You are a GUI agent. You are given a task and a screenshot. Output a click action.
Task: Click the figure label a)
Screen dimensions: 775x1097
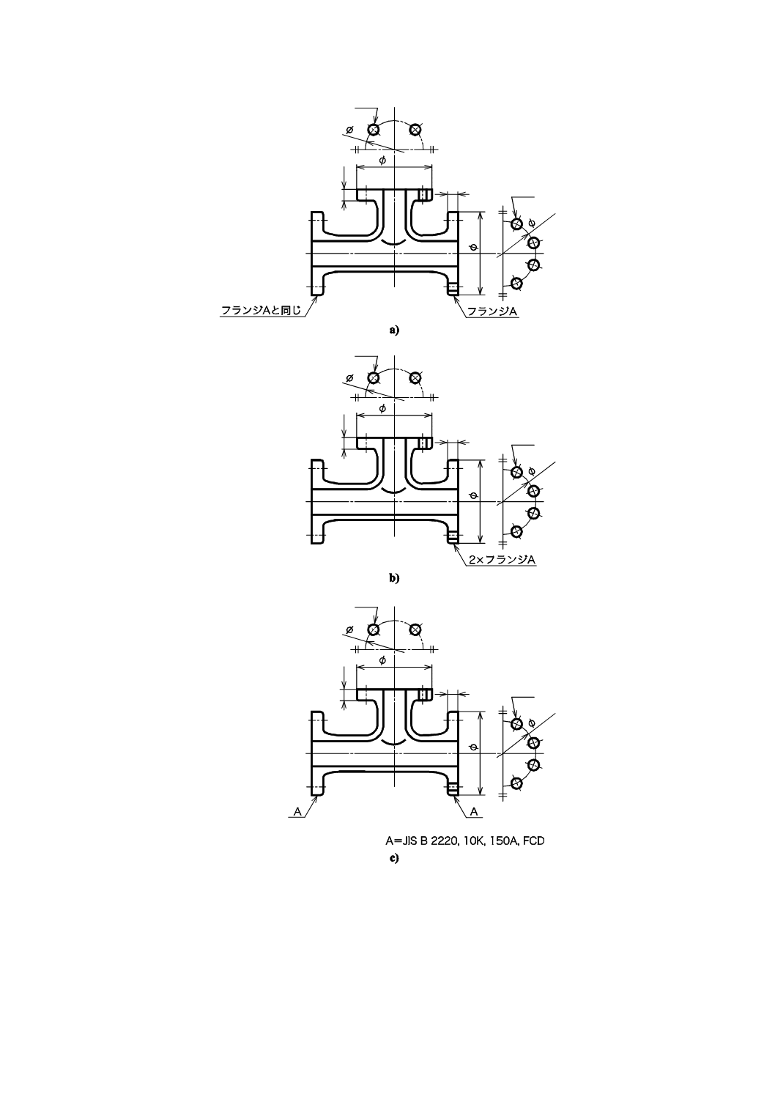[394, 330]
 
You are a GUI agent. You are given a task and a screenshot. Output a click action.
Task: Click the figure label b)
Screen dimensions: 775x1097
[394, 577]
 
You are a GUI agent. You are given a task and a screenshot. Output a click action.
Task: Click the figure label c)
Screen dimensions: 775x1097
[394, 857]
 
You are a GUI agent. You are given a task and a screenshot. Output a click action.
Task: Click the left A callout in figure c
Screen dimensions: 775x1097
[297, 811]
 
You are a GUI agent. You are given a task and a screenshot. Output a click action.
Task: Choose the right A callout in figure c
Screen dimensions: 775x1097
[474, 811]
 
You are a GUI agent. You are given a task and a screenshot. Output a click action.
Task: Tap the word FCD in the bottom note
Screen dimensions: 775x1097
[533, 841]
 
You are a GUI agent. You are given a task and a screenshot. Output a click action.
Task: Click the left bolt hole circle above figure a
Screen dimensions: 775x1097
[374, 130]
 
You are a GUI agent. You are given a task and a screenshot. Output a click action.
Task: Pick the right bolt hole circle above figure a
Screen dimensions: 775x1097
[415, 130]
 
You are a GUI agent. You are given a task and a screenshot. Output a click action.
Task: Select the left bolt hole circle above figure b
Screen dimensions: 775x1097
[374, 377]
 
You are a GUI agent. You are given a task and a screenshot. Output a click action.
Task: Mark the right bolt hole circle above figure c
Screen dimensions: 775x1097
[415, 629]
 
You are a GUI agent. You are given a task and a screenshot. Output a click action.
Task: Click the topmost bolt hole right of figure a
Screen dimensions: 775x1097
[516, 224]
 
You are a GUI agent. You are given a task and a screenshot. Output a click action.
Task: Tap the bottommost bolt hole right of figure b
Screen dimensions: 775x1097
[516, 531]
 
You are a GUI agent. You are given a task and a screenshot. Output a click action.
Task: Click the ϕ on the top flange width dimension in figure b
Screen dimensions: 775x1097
[382, 408]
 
